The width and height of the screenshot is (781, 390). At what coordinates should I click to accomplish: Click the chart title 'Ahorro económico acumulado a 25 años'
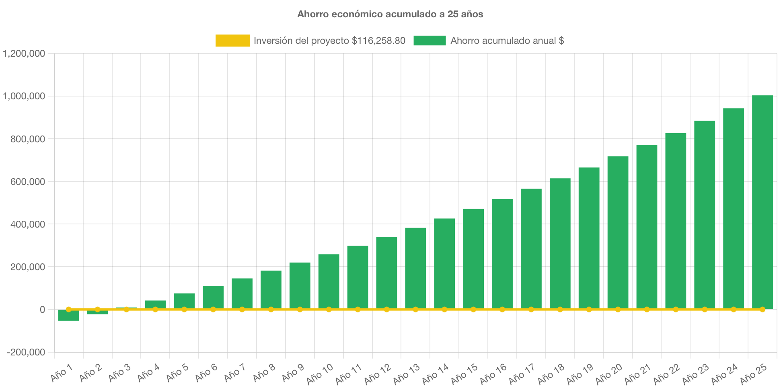[x=390, y=14]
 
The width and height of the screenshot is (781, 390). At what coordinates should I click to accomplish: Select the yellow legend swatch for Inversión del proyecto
[x=232, y=41]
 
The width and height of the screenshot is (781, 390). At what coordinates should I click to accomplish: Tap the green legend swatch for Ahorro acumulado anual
[x=430, y=41]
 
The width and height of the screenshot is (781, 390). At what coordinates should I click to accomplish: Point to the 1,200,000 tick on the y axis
[x=24, y=53]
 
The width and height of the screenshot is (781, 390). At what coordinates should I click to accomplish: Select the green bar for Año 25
[x=762, y=201]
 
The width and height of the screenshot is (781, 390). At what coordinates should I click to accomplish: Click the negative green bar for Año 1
[x=68, y=316]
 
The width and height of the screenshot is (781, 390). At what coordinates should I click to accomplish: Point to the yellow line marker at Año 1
[x=68, y=310]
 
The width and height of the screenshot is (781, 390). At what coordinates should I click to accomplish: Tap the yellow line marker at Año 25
[x=762, y=310]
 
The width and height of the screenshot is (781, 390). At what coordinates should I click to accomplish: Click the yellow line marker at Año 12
[x=386, y=310]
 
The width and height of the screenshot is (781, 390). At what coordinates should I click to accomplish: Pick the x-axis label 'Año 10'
[x=320, y=374]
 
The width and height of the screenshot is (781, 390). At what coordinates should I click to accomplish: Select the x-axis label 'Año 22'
[x=667, y=374]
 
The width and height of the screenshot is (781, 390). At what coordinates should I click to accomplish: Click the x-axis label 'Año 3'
[x=120, y=373]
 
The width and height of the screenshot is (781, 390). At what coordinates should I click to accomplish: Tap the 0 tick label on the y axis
[x=42, y=310]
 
